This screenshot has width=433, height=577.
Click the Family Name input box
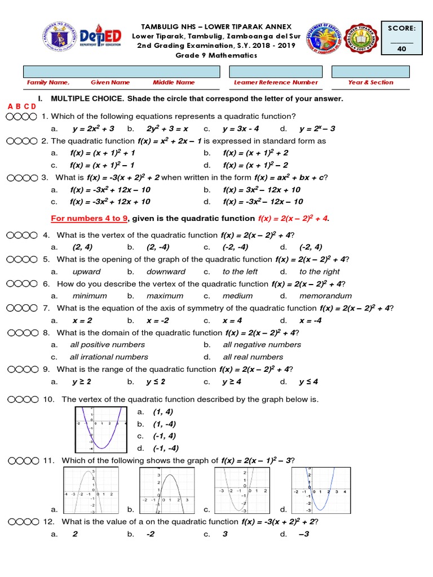click(121, 72)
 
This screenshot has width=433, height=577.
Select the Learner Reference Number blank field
click(276, 72)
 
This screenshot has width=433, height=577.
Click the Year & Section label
click(370, 82)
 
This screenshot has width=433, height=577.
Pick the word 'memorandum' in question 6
click(325, 296)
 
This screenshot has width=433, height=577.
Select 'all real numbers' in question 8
click(253, 357)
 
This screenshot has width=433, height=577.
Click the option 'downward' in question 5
click(166, 272)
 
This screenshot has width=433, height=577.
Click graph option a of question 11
click(91, 490)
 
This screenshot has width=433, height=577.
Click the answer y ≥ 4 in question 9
click(232, 381)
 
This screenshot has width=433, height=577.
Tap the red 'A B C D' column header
click(22, 106)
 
